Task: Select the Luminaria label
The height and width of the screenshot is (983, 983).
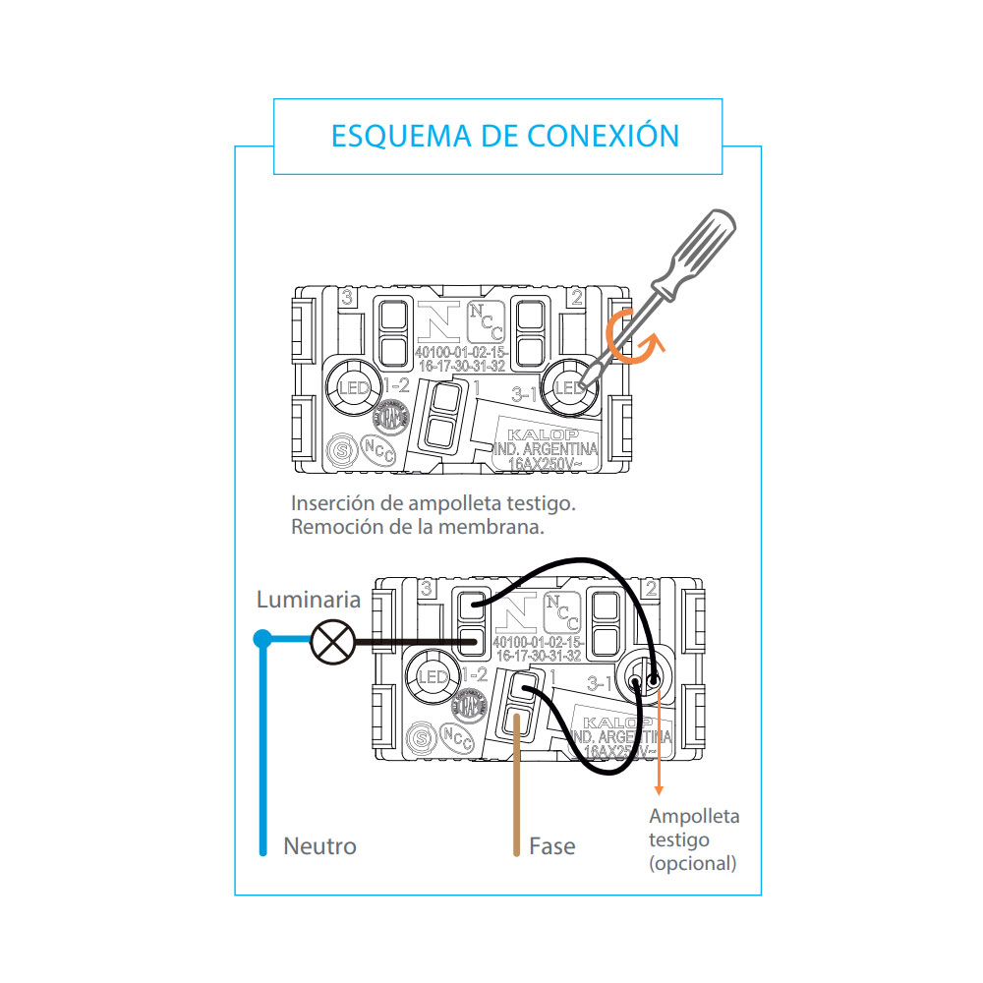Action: (x=309, y=600)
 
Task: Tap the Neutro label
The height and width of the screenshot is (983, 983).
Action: (x=319, y=845)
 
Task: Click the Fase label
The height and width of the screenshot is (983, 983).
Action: (x=551, y=845)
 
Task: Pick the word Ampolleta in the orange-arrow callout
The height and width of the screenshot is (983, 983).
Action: (x=694, y=816)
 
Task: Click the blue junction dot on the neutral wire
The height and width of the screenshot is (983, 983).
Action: (x=262, y=639)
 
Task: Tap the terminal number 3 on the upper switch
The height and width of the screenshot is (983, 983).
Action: (x=347, y=296)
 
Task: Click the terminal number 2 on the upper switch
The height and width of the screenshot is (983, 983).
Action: (x=577, y=296)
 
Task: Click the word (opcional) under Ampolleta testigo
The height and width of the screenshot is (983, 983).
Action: (x=692, y=863)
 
